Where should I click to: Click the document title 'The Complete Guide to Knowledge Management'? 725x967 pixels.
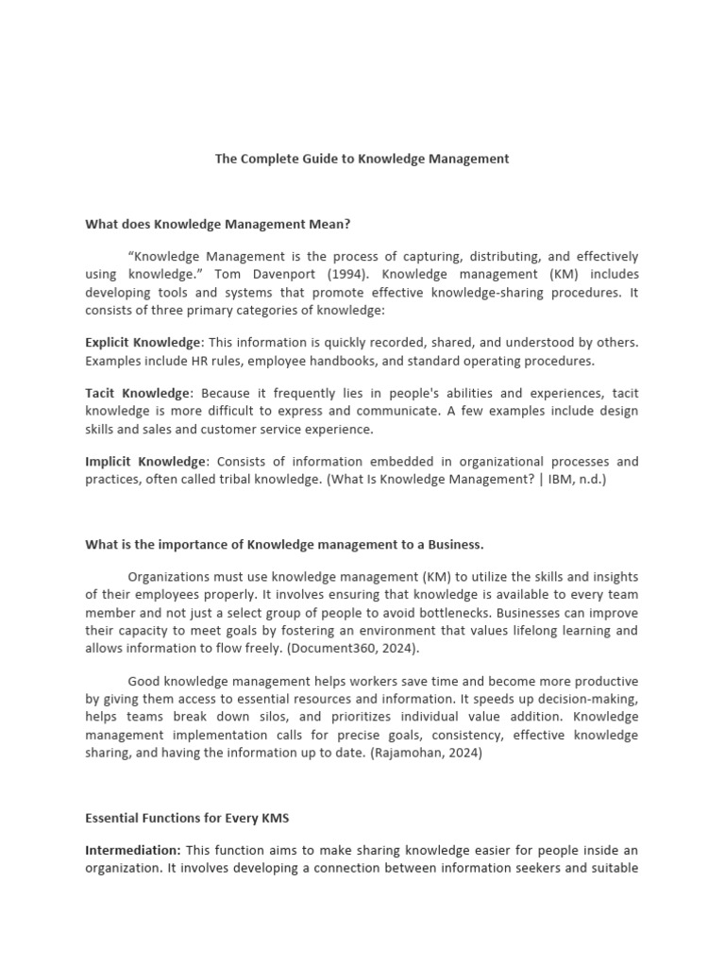362,159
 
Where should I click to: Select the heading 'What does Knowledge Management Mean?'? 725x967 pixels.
218,224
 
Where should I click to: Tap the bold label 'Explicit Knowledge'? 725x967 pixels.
143,343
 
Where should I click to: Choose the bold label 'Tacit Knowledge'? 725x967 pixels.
138,393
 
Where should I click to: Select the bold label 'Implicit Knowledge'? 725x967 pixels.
145,462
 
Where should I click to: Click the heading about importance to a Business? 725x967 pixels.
284,544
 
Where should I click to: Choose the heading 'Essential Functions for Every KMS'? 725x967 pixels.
187,819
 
